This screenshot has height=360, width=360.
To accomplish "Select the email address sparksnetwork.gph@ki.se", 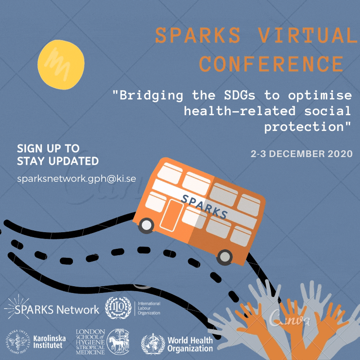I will point(76,178).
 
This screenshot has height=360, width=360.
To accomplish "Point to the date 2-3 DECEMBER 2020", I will point(301,153).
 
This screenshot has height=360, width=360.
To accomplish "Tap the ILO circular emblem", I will point(117,308).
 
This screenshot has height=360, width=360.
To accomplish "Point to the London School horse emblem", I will point(117,341).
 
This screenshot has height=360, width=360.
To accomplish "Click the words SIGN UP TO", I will point(48,148).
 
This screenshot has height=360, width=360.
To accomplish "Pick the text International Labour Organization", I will point(148,308).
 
